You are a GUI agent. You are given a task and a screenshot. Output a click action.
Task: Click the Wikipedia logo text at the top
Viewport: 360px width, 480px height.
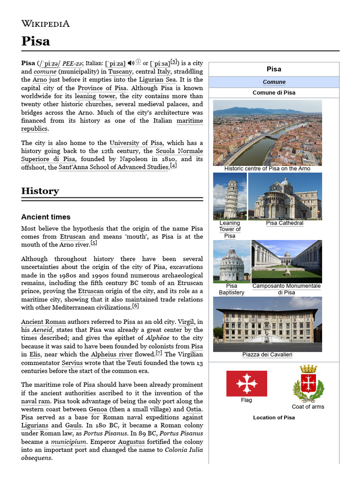coord(45,23)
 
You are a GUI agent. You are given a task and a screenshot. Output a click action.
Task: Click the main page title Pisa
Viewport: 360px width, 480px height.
coord(36,41)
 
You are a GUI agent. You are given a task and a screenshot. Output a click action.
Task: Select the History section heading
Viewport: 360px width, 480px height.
coord(40,191)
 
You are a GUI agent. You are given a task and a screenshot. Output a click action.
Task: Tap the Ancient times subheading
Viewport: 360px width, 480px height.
coord(46,217)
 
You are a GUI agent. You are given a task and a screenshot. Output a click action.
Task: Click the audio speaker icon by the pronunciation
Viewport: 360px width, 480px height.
coord(131,63)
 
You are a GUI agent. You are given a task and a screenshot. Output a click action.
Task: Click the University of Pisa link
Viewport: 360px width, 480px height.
coord(135,143)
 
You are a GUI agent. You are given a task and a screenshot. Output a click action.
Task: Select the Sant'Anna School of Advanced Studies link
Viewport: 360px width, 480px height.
coord(113,167)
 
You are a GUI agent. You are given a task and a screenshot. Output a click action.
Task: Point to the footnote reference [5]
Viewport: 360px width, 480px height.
coord(94,243)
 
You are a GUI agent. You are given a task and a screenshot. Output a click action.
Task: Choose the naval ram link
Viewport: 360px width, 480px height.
coord(36,402)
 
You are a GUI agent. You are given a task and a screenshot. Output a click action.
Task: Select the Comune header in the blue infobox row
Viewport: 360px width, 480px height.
coord(274,82)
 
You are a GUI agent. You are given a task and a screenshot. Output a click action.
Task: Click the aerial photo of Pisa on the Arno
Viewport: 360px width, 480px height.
coord(267,132)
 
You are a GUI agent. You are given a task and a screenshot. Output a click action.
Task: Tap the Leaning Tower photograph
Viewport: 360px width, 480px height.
coord(230,196)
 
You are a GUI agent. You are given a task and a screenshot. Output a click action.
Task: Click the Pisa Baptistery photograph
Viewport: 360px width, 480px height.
coord(232,261)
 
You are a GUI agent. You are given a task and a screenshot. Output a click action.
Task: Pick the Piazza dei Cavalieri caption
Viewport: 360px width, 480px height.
coord(267,355)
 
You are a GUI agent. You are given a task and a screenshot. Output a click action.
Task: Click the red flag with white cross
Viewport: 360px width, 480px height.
coord(247,383)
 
